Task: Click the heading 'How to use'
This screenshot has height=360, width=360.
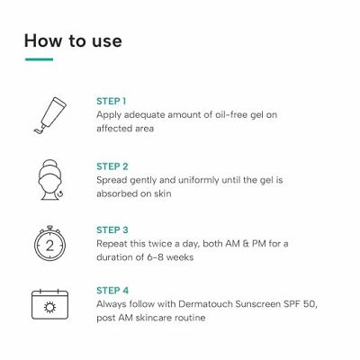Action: [x=73, y=40]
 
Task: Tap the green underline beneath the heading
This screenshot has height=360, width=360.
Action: [x=39, y=60]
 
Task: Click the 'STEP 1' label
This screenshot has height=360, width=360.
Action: [x=111, y=101]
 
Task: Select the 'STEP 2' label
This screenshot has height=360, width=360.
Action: [x=112, y=166]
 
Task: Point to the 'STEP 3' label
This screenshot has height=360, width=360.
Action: [x=112, y=229]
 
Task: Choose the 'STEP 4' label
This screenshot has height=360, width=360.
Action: [x=112, y=290]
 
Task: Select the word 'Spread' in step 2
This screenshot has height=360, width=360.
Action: [x=112, y=180]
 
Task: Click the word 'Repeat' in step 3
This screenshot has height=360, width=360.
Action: [x=113, y=243]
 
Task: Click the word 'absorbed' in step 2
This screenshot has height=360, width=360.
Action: [x=119, y=194]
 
